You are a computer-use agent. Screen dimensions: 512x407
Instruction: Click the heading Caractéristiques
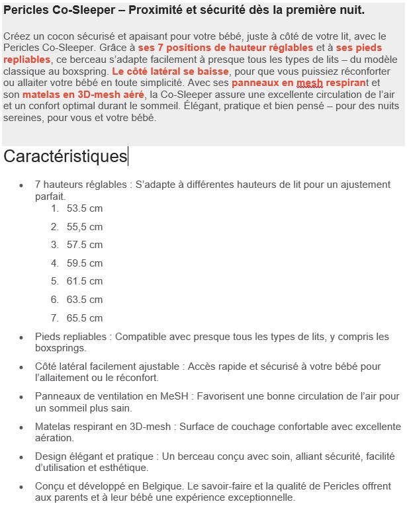[x=65, y=157]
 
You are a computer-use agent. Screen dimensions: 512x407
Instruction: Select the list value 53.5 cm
[x=85, y=208]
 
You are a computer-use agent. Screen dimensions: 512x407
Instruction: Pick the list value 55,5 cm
[x=85, y=227]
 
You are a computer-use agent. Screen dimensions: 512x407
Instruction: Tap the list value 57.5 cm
[x=85, y=245]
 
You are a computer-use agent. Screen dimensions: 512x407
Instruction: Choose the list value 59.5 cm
[x=85, y=263]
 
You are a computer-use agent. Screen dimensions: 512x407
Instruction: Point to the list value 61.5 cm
[x=85, y=281]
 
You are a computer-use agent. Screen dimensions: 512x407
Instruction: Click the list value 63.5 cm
[x=85, y=300]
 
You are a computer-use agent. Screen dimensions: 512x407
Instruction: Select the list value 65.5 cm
[x=85, y=318]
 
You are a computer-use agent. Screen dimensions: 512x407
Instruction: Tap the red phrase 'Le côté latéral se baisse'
[x=171, y=71]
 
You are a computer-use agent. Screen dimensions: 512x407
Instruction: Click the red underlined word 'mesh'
[x=310, y=83]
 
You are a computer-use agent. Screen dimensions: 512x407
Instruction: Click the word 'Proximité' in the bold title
[x=154, y=11]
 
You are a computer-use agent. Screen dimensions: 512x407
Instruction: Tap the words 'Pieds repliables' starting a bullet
[x=72, y=336]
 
